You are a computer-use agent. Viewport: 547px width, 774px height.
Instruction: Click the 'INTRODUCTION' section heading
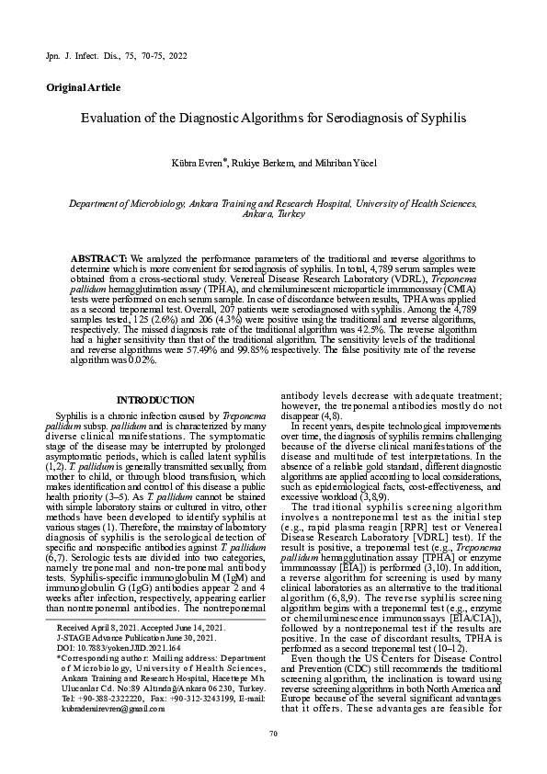click(156, 400)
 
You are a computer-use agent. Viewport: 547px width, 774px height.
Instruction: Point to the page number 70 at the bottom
click(273, 732)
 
